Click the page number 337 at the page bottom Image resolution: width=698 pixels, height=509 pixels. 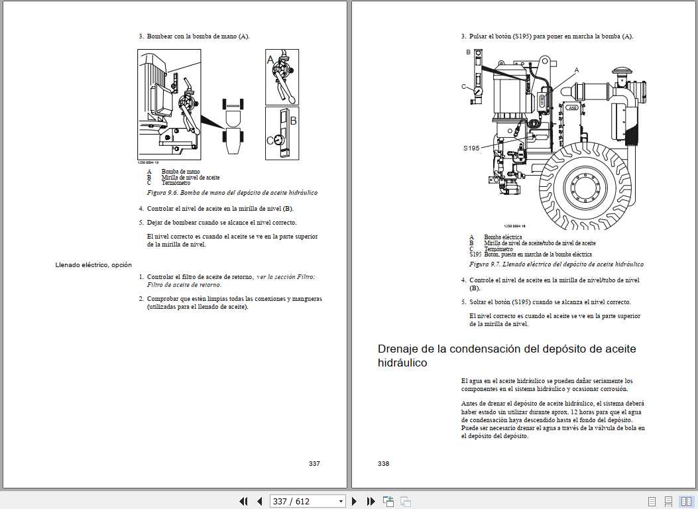pyautogui.click(x=314, y=463)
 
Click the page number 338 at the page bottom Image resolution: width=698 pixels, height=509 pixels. pyautogui.click(x=383, y=463)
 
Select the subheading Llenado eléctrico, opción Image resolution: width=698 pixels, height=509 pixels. pyautogui.click(x=93, y=265)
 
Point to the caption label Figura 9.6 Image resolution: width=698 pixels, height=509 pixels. pyautogui.click(x=162, y=193)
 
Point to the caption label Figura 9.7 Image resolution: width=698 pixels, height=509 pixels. pyautogui.click(x=485, y=264)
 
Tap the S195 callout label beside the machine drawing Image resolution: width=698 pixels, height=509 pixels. pyautogui.click(x=471, y=148)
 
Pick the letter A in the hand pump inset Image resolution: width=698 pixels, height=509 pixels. pyautogui.click(x=270, y=60)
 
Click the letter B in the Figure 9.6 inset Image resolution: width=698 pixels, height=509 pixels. pyautogui.click(x=292, y=121)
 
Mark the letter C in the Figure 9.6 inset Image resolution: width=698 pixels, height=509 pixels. pyautogui.click(x=270, y=141)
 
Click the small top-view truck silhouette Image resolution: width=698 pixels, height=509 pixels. pyautogui.click(x=233, y=127)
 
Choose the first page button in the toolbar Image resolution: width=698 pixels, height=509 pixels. pyautogui.click(x=243, y=501)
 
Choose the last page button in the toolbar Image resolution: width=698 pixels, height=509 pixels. pyautogui.click(x=371, y=501)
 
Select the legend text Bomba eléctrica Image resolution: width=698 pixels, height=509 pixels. pyautogui.click(x=502, y=237)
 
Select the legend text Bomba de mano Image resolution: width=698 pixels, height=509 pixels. pyautogui.click(x=180, y=172)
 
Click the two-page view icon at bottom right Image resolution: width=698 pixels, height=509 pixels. pyautogui.click(x=686, y=501)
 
